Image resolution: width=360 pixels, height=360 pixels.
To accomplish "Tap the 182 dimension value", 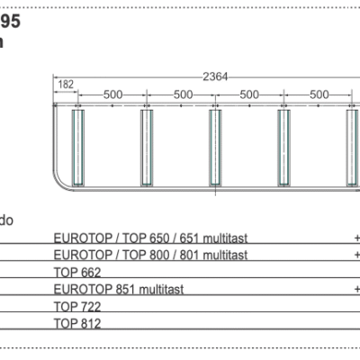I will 65,85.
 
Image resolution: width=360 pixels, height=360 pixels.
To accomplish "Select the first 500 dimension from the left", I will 112,94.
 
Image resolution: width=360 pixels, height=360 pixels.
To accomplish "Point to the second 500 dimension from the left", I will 182,94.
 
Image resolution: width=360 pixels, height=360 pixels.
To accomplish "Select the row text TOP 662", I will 77,272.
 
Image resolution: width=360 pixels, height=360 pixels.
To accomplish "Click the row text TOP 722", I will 77,306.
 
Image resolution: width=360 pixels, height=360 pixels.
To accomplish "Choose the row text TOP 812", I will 77,322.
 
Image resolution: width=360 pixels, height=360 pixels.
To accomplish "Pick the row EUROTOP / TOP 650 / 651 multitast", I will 150,238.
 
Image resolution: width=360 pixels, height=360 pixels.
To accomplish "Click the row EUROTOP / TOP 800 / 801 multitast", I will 150,255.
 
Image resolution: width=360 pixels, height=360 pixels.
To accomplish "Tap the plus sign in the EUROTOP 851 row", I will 356,290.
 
